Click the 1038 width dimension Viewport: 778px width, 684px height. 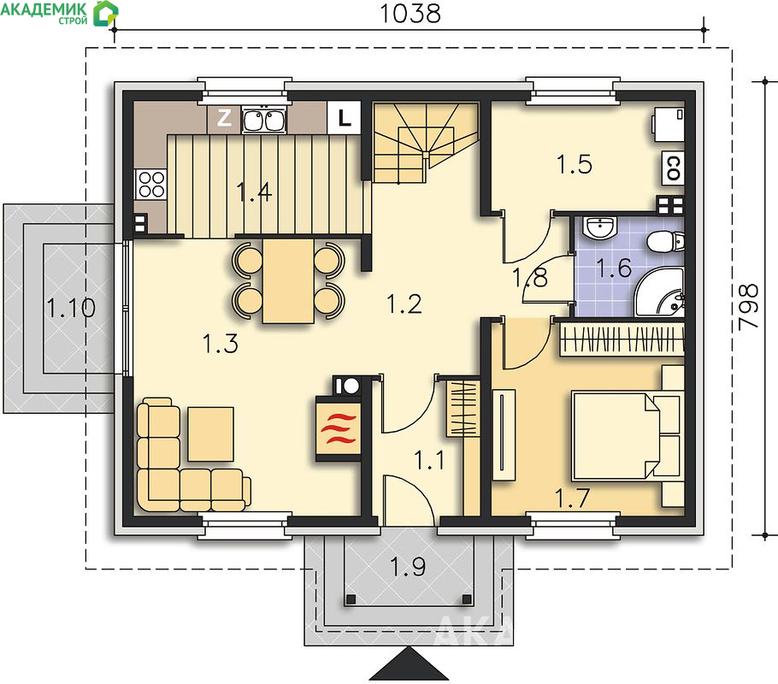pos(410,14)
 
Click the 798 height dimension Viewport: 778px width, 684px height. pos(748,307)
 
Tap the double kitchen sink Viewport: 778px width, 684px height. pos(263,120)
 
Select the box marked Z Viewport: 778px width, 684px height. pos(224,118)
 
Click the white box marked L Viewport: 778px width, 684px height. pos(344,118)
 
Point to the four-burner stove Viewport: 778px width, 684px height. pos(151,184)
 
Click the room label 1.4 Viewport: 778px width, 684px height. pos(254,192)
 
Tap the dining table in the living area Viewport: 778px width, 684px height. pos(288,281)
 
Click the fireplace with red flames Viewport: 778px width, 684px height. pos(339,429)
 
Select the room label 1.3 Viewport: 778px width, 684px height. pos(221,344)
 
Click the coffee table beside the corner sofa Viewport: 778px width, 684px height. pos(211,434)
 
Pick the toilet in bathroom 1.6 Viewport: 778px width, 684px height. pos(666,242)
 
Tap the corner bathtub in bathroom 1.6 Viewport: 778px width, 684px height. pos(659,293)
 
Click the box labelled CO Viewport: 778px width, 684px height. pos(674,168)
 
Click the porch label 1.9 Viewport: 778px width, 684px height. pos(408,567)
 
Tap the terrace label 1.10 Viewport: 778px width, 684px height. pos(71,308)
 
